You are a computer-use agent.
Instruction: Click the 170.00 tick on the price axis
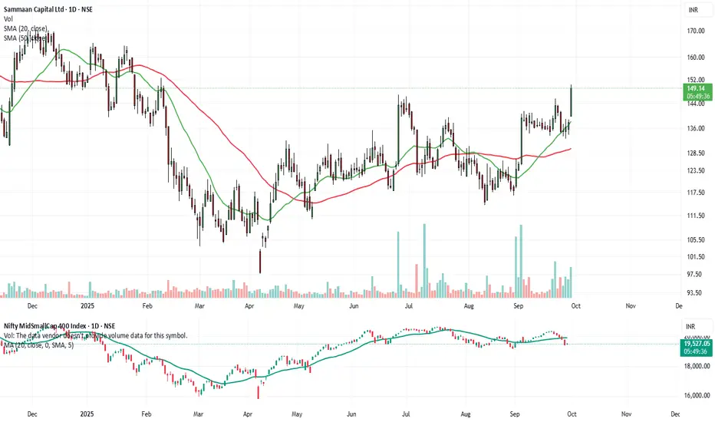coord(696,31)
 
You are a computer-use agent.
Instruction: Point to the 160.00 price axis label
coord(696,58)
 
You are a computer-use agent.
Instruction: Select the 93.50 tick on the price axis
coord(695,292)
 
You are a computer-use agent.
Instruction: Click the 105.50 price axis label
coord(696,239)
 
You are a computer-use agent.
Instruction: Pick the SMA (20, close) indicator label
coord(26,28)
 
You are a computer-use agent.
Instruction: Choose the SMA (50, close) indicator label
coord(26,38)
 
